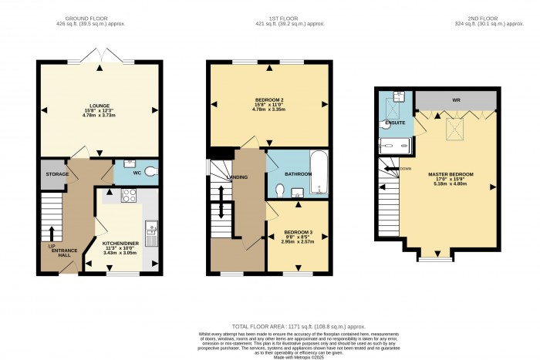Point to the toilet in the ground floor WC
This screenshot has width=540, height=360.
pos(150,171)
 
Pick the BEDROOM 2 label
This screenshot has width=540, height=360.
pos(269,101)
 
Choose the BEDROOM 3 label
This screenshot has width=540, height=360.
pos(298,232)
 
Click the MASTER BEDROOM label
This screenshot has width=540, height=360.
pos(451,174)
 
